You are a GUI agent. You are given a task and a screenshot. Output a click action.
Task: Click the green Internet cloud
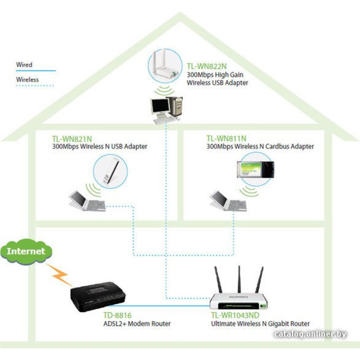[x=26, y=251]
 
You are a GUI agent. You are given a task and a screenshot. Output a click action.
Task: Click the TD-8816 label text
[x=117, y=316]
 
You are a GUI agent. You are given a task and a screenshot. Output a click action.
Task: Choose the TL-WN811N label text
[x=227, y=139]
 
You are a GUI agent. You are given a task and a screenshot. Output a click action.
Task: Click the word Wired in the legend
[x=24, y=65]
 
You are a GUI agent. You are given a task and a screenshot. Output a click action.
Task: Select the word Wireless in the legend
[x=27, y=80]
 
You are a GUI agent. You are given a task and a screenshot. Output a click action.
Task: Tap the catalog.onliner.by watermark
[x=310, y=333]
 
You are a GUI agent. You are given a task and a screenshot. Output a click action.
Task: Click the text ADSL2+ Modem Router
[x=137, y=324]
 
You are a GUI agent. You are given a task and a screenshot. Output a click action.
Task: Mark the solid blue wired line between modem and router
[x=166, y=306]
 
